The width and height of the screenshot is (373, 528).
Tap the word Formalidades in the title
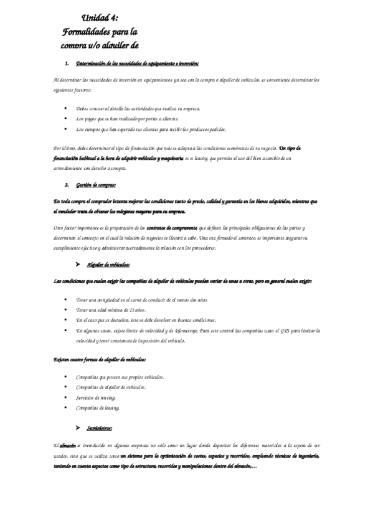(89, 32)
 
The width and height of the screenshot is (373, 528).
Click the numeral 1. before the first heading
(67, 64)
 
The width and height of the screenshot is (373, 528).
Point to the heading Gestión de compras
(95, 185)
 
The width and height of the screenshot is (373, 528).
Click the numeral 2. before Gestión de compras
(67, 185)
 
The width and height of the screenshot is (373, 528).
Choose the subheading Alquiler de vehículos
(108, 265)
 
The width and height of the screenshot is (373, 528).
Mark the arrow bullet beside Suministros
(77, 428)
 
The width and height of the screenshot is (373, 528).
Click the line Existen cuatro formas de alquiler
(100, 360)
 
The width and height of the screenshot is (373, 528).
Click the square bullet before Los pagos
(65, 118)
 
